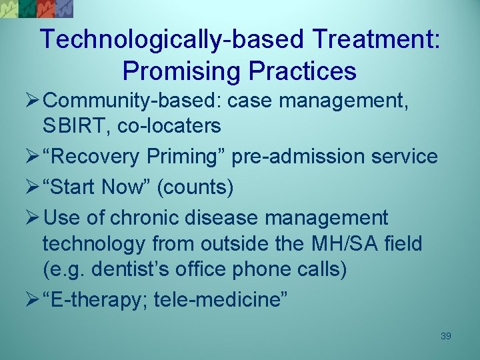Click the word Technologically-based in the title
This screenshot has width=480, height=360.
click(x=174, y=40)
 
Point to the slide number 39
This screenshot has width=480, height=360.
click(x=446, y=337)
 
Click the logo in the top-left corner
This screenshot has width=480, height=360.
click(x=37, y=9)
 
